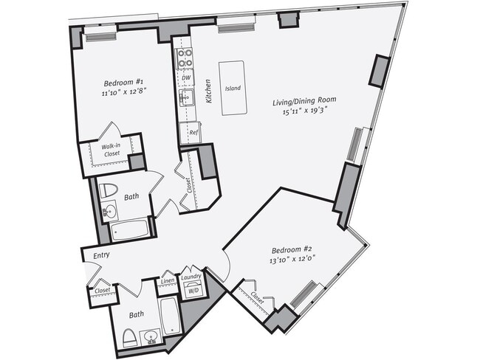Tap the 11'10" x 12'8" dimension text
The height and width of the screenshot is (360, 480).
pyautogui.click(x=109, y=93)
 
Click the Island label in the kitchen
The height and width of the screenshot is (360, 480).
pyautogui.click(x=233, y=88)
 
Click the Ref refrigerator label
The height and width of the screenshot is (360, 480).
pyautogui.click(x=193, y=132)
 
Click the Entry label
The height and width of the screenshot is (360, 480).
pyautogui.click(x=101, y=255)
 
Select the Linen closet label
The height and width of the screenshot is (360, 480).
pyautogui.click(x=167, y=282)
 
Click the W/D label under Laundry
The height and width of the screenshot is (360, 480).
pyautogui.click(x=193, y=290)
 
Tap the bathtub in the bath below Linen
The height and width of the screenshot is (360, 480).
pyautogui.click(x=169, y=316)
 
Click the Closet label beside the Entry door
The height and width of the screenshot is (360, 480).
pyautogui.click(x=100, y=292)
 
